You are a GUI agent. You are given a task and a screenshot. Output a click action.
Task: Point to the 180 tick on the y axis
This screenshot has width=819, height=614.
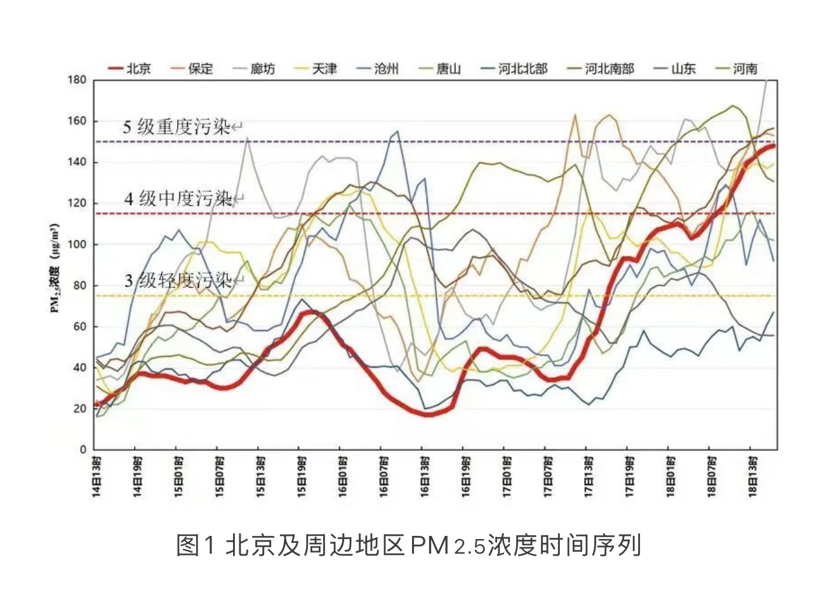coord(77,80)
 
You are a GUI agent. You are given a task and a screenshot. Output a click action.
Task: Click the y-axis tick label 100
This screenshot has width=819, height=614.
coord(77,244)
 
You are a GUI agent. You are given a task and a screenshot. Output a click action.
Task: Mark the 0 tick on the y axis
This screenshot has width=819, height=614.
coord(83,450)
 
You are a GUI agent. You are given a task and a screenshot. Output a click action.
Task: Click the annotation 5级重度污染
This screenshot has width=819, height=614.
coord(176,127)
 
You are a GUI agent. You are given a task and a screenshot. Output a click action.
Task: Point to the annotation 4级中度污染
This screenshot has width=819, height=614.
coord(178,199)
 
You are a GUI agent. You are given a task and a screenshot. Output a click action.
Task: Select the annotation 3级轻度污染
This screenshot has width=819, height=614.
coord(178,280)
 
